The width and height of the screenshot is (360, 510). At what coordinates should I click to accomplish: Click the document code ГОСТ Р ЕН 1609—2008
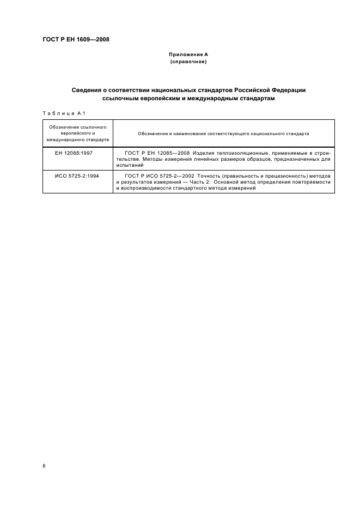76,39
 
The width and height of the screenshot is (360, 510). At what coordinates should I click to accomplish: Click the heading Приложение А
188,55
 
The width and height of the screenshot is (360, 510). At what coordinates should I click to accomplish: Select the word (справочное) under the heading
188,62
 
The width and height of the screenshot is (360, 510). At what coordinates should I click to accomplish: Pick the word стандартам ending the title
255,99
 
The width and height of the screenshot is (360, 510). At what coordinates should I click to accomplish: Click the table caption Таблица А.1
61,113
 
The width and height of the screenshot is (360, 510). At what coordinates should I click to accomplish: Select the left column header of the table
77,133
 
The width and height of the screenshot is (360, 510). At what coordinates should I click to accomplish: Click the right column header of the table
223,133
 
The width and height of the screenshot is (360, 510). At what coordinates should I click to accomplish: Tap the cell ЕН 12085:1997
74,153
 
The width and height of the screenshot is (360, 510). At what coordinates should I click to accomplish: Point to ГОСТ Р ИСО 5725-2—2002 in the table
161,175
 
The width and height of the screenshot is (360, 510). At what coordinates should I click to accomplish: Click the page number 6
44,466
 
